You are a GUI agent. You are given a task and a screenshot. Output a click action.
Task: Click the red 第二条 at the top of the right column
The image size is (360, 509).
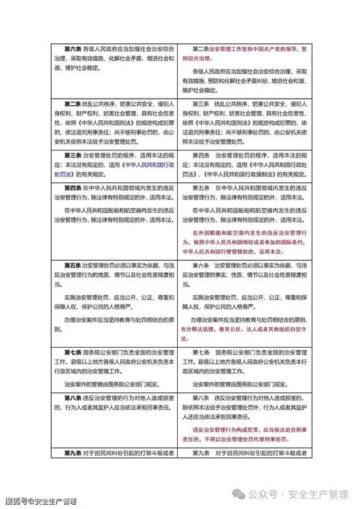coord(203,48)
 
